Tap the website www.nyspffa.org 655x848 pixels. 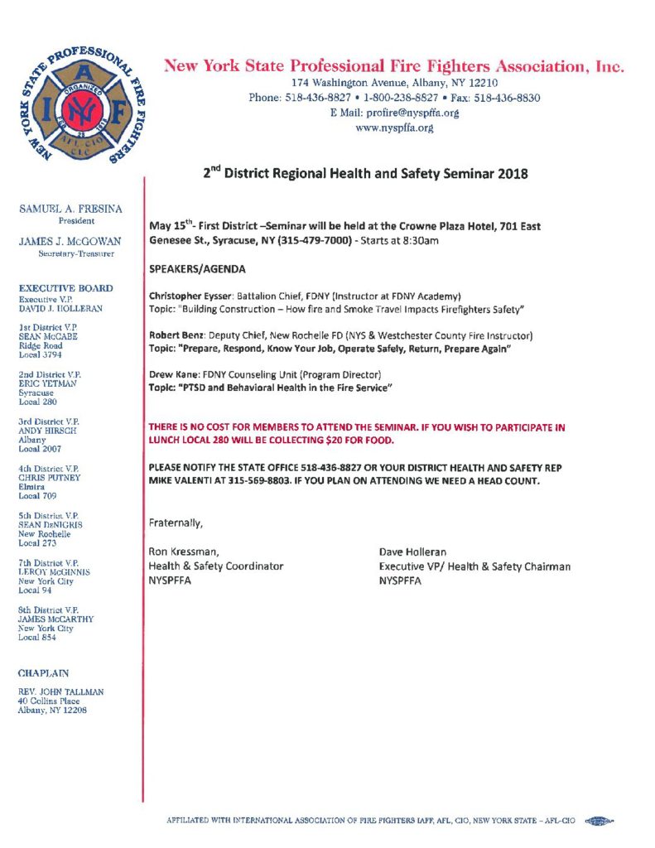tap(394, 128)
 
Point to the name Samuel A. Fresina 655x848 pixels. tap(70, 210)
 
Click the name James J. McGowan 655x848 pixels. tap(70, 241)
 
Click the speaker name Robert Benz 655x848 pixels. tap(176, 335)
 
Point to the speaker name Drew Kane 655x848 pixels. tap(171, 374)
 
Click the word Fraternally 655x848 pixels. tap(176, 523)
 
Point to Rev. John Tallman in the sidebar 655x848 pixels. tap(61, 691)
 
